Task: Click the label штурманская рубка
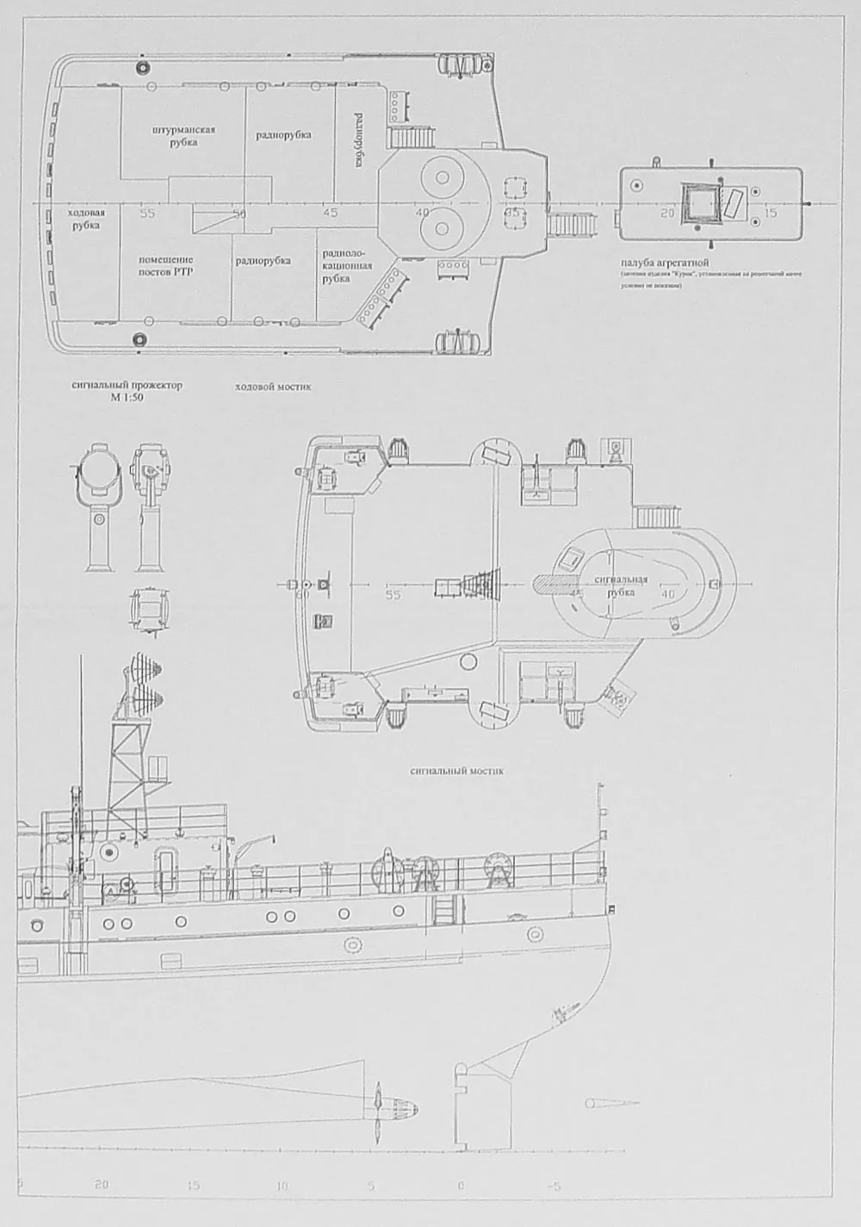pos(183,136)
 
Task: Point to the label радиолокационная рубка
pos(347,266)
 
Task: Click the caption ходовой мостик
pos(273,387)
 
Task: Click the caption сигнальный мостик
pos(457,772)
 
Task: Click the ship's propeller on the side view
pos(380,1104)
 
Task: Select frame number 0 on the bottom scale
pos(461,1186)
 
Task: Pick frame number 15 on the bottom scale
pos(193,1186)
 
